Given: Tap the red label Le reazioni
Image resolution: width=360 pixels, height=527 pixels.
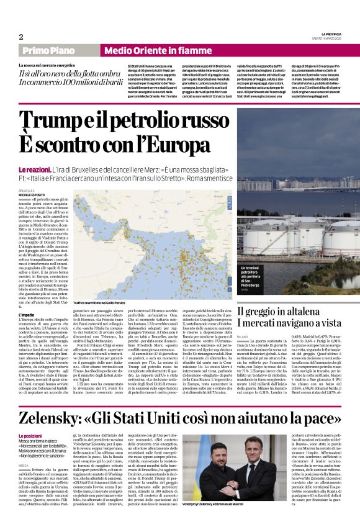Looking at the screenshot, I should pyautogui.click(x=34, y=169).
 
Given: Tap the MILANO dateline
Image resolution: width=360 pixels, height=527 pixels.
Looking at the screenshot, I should pyautogui.click(x=242, y=335).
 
